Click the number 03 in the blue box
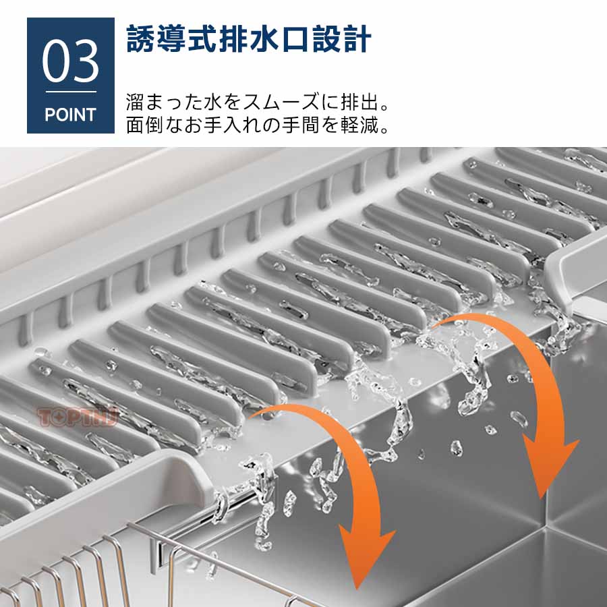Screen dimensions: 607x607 70,61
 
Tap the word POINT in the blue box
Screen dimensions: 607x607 70,115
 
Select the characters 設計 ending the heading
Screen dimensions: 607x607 342,38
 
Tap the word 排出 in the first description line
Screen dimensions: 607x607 359,103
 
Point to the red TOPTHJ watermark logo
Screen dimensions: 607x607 78,417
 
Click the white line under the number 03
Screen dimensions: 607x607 71,92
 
